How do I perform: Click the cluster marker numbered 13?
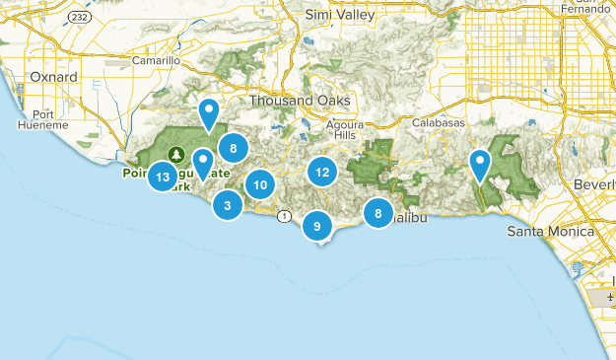[x=163, y=178]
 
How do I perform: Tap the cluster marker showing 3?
[x=228, y=205]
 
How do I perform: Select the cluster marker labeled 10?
[x=259, y=184]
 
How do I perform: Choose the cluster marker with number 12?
[x=321, y=172]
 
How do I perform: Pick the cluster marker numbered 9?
[x=316, y=226]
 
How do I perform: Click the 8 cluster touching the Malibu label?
[x=377, y=213]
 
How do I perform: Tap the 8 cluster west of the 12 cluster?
[x=233, y=149]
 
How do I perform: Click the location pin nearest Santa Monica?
[x=480, y=165]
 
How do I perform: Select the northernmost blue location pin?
[x=208, y=114]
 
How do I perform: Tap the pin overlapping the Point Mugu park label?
[x=203, y=164]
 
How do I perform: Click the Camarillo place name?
[x=156, y=60]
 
